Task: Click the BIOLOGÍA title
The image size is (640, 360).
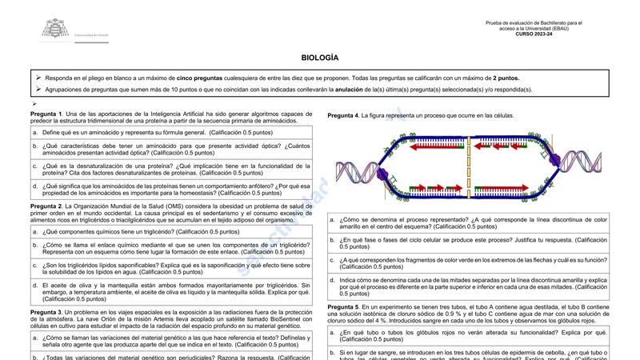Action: coord(320,58)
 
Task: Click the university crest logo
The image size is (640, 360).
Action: coord(55,29)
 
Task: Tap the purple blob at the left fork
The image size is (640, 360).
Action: coord(382,174)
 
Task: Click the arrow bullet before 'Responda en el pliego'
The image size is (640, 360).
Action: coord(38,78)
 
